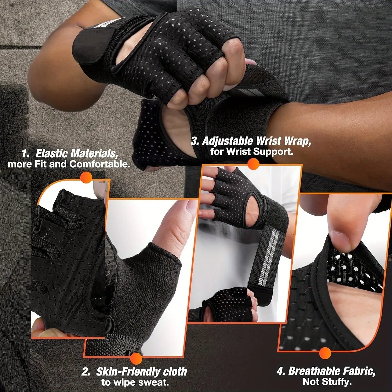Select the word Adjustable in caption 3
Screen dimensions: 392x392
click(x=227, y=141)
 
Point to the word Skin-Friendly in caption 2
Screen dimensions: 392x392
click(x=128, y=372)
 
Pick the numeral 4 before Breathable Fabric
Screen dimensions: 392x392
click(x=280, y=371)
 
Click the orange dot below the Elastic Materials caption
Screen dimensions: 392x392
click(x=87, y=178)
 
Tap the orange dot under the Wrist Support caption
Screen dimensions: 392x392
click(x=253, y=164)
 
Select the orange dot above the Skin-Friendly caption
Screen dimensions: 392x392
click(x=136, y=358)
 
